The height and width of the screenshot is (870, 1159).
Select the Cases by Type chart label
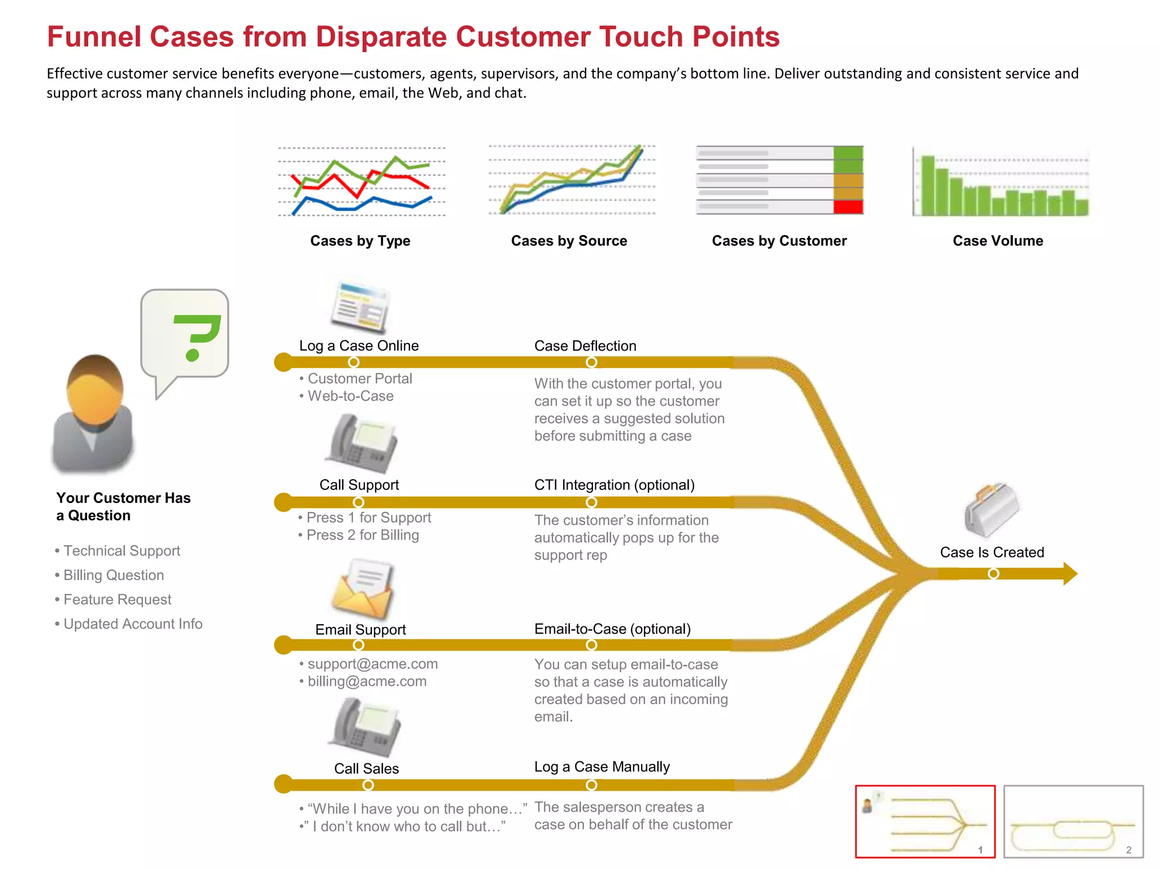(360, 241)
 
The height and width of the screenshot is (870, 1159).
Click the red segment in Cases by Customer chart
(848, 207)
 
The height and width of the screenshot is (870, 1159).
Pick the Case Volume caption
(998, 241)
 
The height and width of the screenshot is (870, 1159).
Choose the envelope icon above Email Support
(362, 589)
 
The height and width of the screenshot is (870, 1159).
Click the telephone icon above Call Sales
(364, 728)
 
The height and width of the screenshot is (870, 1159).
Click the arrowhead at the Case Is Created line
(1070, 574)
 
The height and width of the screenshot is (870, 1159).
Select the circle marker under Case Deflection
(591, 362)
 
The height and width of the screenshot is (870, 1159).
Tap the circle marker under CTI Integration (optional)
(591, 502)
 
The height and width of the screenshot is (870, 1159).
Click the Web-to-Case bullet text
(350, 396)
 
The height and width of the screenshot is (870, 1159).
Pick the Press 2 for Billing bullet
(362, 535)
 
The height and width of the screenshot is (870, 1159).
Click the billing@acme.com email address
(367, 681)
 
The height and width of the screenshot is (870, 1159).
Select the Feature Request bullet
(117, 600)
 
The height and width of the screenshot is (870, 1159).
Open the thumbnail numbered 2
(1073, 821)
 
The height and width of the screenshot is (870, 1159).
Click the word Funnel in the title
(94, 37)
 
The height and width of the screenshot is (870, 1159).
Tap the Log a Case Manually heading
(602, 767)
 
